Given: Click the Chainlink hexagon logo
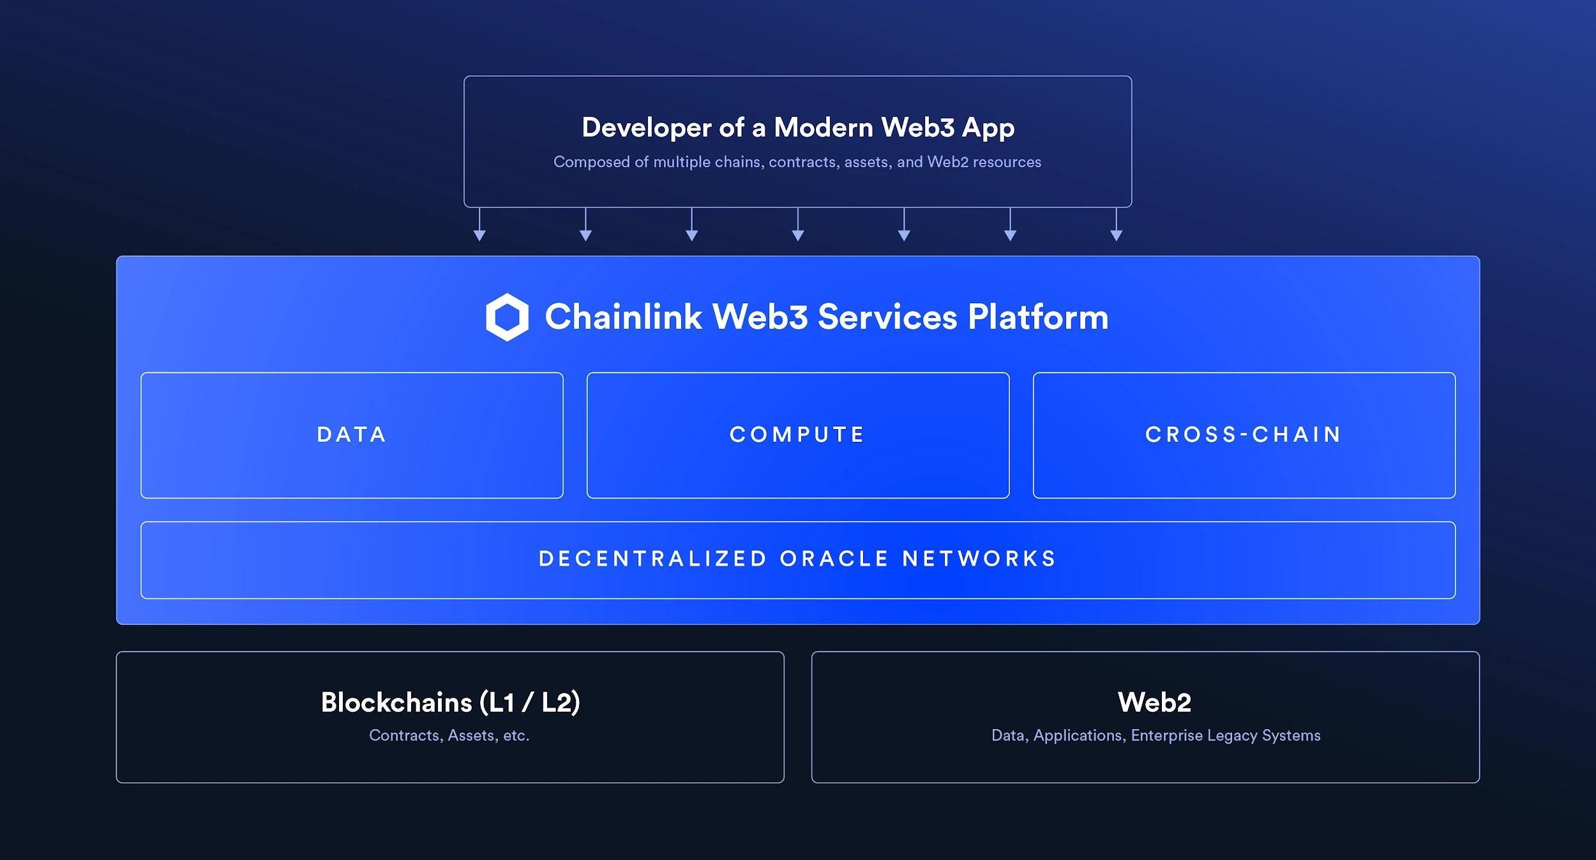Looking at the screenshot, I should [x=507, y=317].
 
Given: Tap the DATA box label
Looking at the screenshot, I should [x=352, y=435].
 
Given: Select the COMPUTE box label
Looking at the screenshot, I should [x=797, y=435].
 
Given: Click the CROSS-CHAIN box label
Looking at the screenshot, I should [x=1244, y=435].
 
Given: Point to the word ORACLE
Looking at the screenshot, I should [x=834, y=559].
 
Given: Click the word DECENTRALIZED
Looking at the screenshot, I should [x=653, y=559].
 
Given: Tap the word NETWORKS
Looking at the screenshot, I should [x=979, y=559].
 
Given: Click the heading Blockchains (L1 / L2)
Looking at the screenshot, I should [x=450, y=702].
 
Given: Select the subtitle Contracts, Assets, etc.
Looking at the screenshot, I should [x=449, y=736].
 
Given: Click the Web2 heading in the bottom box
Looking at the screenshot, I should [x=1154, y=702].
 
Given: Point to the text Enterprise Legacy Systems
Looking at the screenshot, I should [x=1226, y=736].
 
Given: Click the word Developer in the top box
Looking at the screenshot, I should [x=646, y=128].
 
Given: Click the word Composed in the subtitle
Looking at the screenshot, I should [x=591, y=162].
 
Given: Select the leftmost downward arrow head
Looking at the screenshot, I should [x=479, y=236].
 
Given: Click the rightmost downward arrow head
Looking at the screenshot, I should [x=1116, y=236].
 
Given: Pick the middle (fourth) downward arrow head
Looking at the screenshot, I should [x=797, y=236].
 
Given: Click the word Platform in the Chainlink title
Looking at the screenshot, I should [x=1038, y=317].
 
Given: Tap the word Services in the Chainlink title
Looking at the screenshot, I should [x=887, y=317].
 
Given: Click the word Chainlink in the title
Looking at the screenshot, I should [x=623, y=317].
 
